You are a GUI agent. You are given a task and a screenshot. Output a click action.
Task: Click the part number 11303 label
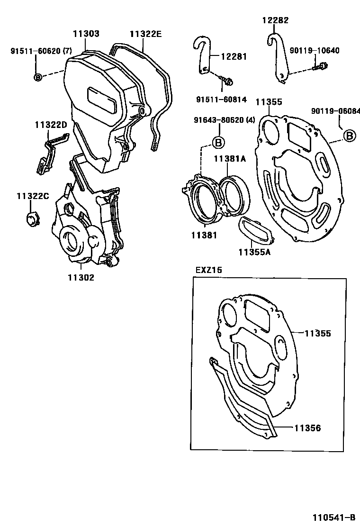86,34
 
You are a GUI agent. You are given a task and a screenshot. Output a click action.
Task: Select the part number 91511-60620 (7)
41,51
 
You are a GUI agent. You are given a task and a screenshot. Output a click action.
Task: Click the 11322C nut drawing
31,219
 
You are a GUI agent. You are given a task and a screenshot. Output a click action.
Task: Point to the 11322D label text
51,125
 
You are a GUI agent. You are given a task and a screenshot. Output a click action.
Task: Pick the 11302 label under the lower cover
81,278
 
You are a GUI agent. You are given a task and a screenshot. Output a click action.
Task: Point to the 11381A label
230,159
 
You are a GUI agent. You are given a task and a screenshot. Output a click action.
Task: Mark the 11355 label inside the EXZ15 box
317,334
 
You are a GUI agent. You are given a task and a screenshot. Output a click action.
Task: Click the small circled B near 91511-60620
38,77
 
